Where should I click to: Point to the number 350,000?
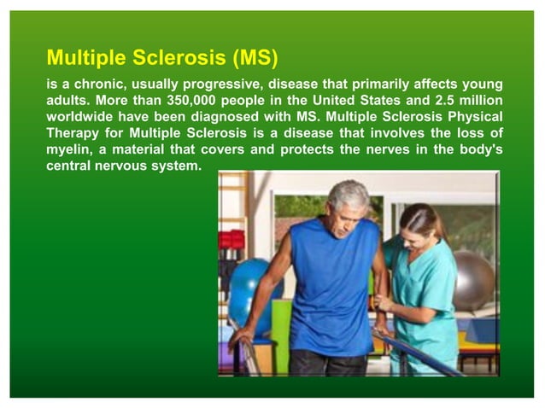pyautogui.click(x=195, y=101)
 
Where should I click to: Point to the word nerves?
pyautogui.click(x=373, y=149)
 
